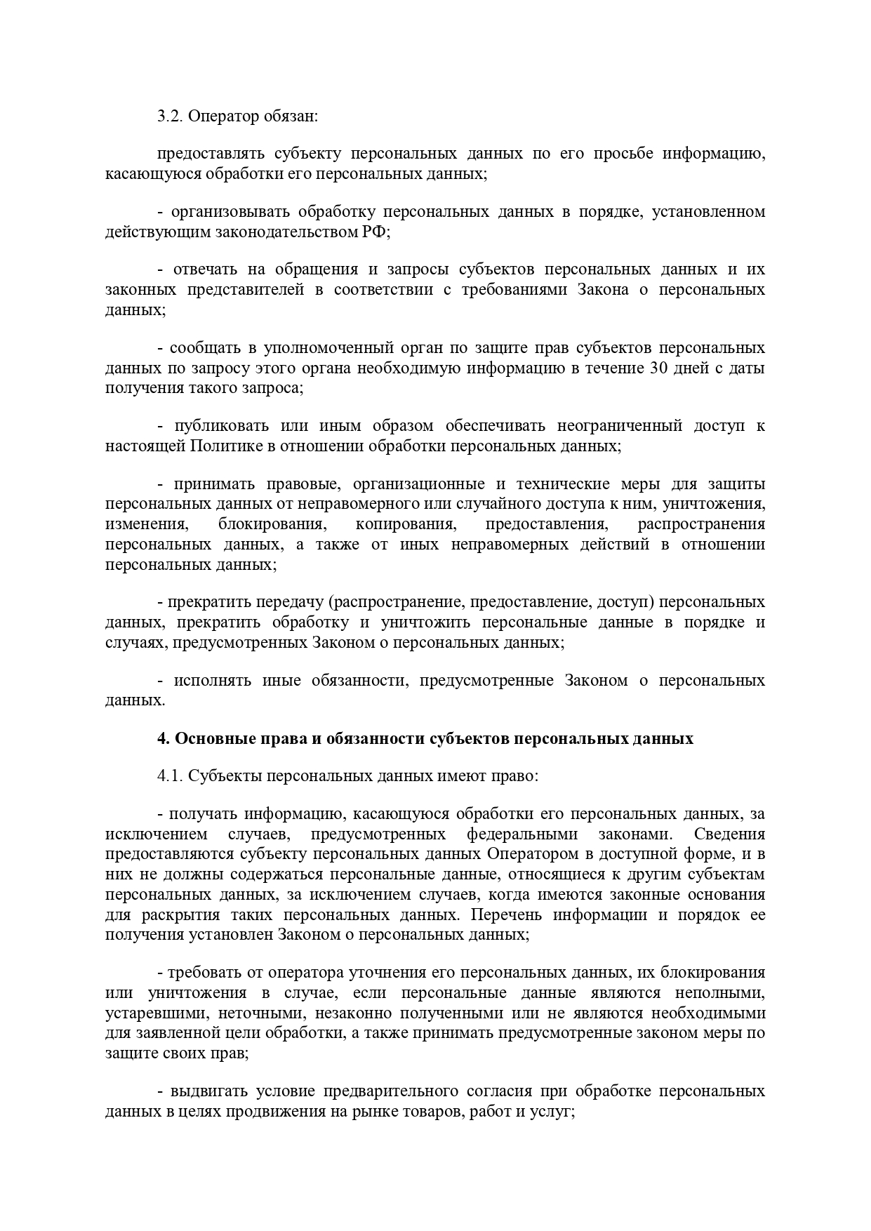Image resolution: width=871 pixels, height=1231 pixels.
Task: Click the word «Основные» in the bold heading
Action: (206, 739)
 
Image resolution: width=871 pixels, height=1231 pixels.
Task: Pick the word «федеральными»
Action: (522, 834)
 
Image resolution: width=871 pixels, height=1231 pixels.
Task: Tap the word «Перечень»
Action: (506, 915)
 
